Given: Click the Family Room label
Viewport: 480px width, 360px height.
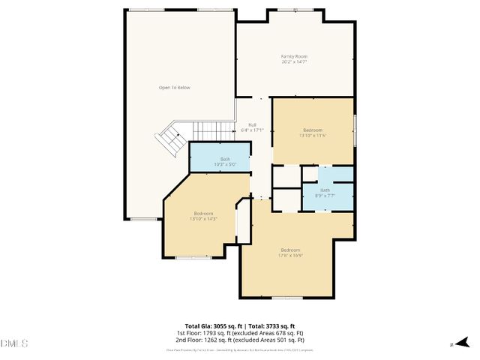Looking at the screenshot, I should point(294,56).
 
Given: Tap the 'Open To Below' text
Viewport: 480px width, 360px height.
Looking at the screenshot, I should point(174,88).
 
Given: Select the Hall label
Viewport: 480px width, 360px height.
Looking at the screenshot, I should point(252,124).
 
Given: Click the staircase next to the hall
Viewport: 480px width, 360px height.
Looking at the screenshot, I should point(171,139).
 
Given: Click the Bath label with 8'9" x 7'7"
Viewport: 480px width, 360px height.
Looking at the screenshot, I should point(325,190).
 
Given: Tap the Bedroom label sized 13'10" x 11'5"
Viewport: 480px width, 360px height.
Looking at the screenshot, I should point(313,129).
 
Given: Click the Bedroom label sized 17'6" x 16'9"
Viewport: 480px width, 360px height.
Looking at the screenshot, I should point(290,250).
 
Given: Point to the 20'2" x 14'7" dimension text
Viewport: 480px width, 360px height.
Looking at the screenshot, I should point(294,61).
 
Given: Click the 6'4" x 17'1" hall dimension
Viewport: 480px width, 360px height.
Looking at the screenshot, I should point(252,130).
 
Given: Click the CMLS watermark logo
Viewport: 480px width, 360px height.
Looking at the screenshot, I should point(14,343).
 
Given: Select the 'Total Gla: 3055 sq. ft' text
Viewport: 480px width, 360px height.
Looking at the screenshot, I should point(208,326).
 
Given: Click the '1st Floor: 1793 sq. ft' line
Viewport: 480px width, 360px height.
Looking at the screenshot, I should point(239,332).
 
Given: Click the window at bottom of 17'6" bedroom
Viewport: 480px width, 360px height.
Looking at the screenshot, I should point(287,298).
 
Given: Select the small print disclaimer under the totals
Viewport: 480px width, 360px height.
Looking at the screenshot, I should point(239,350).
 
